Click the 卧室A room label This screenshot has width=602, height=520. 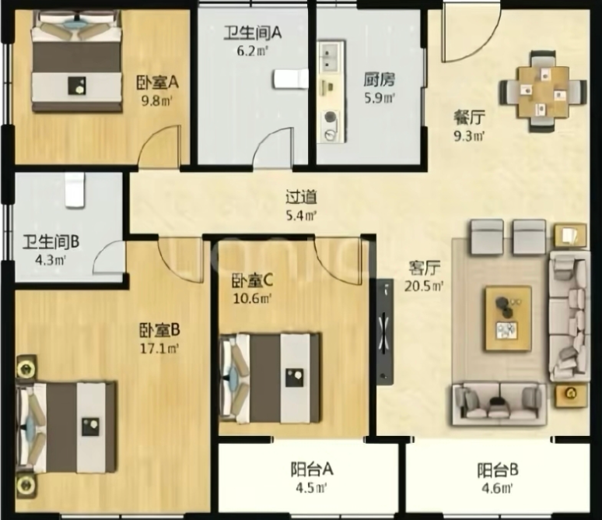[x=157, y=83]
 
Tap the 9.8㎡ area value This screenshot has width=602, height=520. [x=156, y=101]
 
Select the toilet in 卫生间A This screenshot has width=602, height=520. [x=291, y=79]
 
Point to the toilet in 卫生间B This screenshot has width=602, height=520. [x=75, y=190]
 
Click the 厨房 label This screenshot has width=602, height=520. [x=380, y=80]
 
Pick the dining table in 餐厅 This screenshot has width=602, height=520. [x=543, y=92]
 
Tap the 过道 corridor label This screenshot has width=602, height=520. [x=301, y=197]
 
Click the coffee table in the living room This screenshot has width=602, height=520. [x=509, y=318]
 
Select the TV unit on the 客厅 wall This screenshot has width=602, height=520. [x=385, y=332]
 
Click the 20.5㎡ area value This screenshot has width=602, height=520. [x=424, y=286]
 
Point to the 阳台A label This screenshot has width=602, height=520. [x=311, y=469]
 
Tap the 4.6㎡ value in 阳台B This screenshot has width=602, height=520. [x=497, y=488]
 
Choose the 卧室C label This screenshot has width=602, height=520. [x=252, y=281]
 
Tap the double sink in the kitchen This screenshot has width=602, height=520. [x=330, y=57]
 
